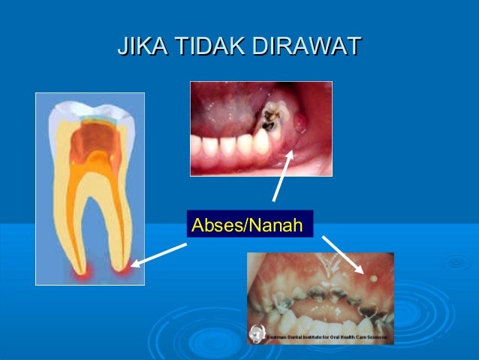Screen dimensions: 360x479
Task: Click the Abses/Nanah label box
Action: click(x=248, y=225)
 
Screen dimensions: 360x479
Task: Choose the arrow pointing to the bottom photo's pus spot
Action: click(x=342, y=254)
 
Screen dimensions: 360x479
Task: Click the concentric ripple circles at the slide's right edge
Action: click(x=458, y=262)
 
